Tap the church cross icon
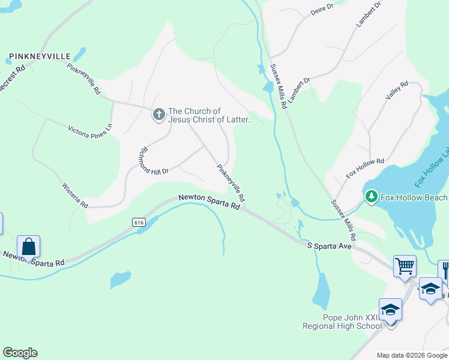158,114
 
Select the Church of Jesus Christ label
210,115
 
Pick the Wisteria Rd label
75,196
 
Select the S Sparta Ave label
329,246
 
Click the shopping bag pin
28,247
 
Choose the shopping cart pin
405,265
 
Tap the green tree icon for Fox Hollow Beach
372,197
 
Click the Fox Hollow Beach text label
414,197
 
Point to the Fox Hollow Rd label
365,169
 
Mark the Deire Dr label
321,11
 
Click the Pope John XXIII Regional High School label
342,322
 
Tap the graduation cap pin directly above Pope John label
390,310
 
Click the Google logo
20,353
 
